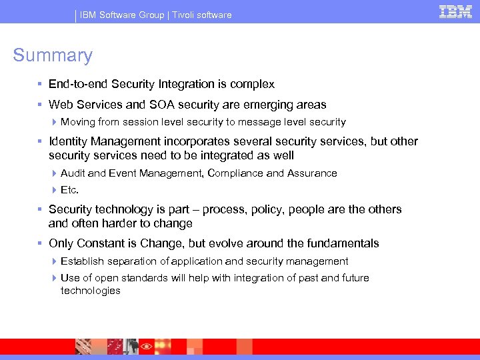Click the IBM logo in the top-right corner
click(x=456, y=11)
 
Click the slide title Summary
click(x=53, y=55)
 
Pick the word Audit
click(x=73, y=173)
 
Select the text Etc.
click(x=69, y=190)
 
